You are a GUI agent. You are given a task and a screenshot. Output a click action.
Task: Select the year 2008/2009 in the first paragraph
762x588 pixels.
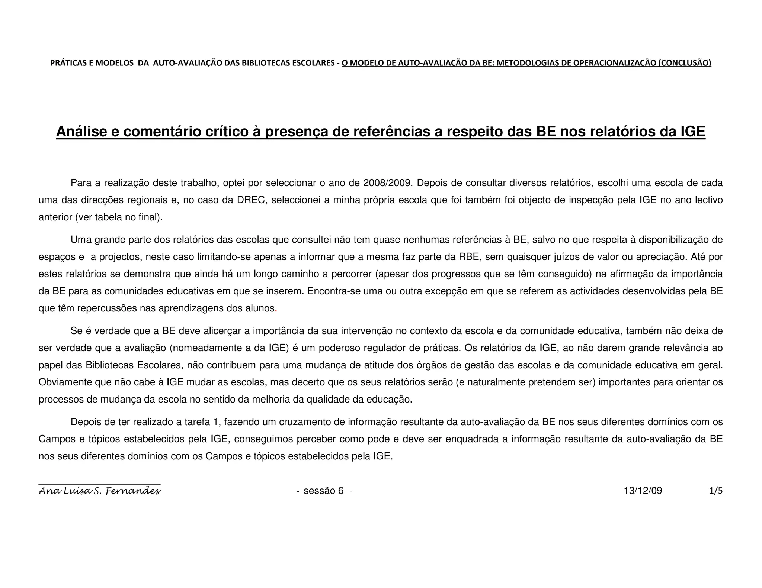[387, 183]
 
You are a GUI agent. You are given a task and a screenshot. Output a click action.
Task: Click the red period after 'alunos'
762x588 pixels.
[276, 309]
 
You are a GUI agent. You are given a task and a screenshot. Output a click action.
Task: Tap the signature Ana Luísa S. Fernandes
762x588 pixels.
[99, 491]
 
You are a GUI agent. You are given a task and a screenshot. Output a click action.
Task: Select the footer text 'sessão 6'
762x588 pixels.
[324, 491]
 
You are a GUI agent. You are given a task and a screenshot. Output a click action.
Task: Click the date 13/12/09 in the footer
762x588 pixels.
[643, 491]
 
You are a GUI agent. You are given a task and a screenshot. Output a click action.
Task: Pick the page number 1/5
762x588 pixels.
[715, 491]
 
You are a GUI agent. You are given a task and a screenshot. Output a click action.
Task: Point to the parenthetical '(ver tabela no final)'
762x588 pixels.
[119, 217]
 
